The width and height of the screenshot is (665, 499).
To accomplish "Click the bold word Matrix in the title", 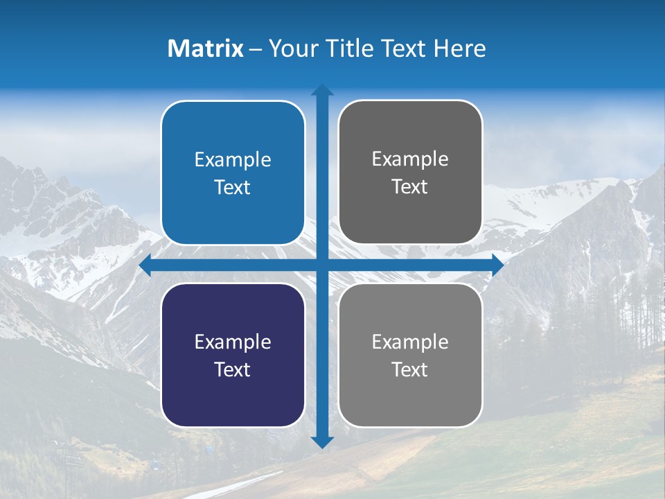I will tap(205, 49).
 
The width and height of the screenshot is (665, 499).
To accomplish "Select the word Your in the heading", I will tap(290, 49).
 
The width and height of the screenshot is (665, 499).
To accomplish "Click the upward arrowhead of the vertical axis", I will tap(322, 90).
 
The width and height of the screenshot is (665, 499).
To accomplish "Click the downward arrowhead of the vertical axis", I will tap(322, 441).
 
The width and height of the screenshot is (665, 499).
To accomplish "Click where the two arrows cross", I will tap(322, 265).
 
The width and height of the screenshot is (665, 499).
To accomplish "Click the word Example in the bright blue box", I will tap(233, 160).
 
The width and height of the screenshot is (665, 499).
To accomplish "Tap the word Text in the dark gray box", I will tap(410, 187).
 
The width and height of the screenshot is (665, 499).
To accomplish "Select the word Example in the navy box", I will tap(233, 342).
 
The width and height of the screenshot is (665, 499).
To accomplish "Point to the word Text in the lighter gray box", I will tap(410, 369).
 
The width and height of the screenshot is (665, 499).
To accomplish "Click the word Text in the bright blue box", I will tap(233, 188).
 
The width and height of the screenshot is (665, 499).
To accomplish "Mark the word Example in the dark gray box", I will tap(410, 159).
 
